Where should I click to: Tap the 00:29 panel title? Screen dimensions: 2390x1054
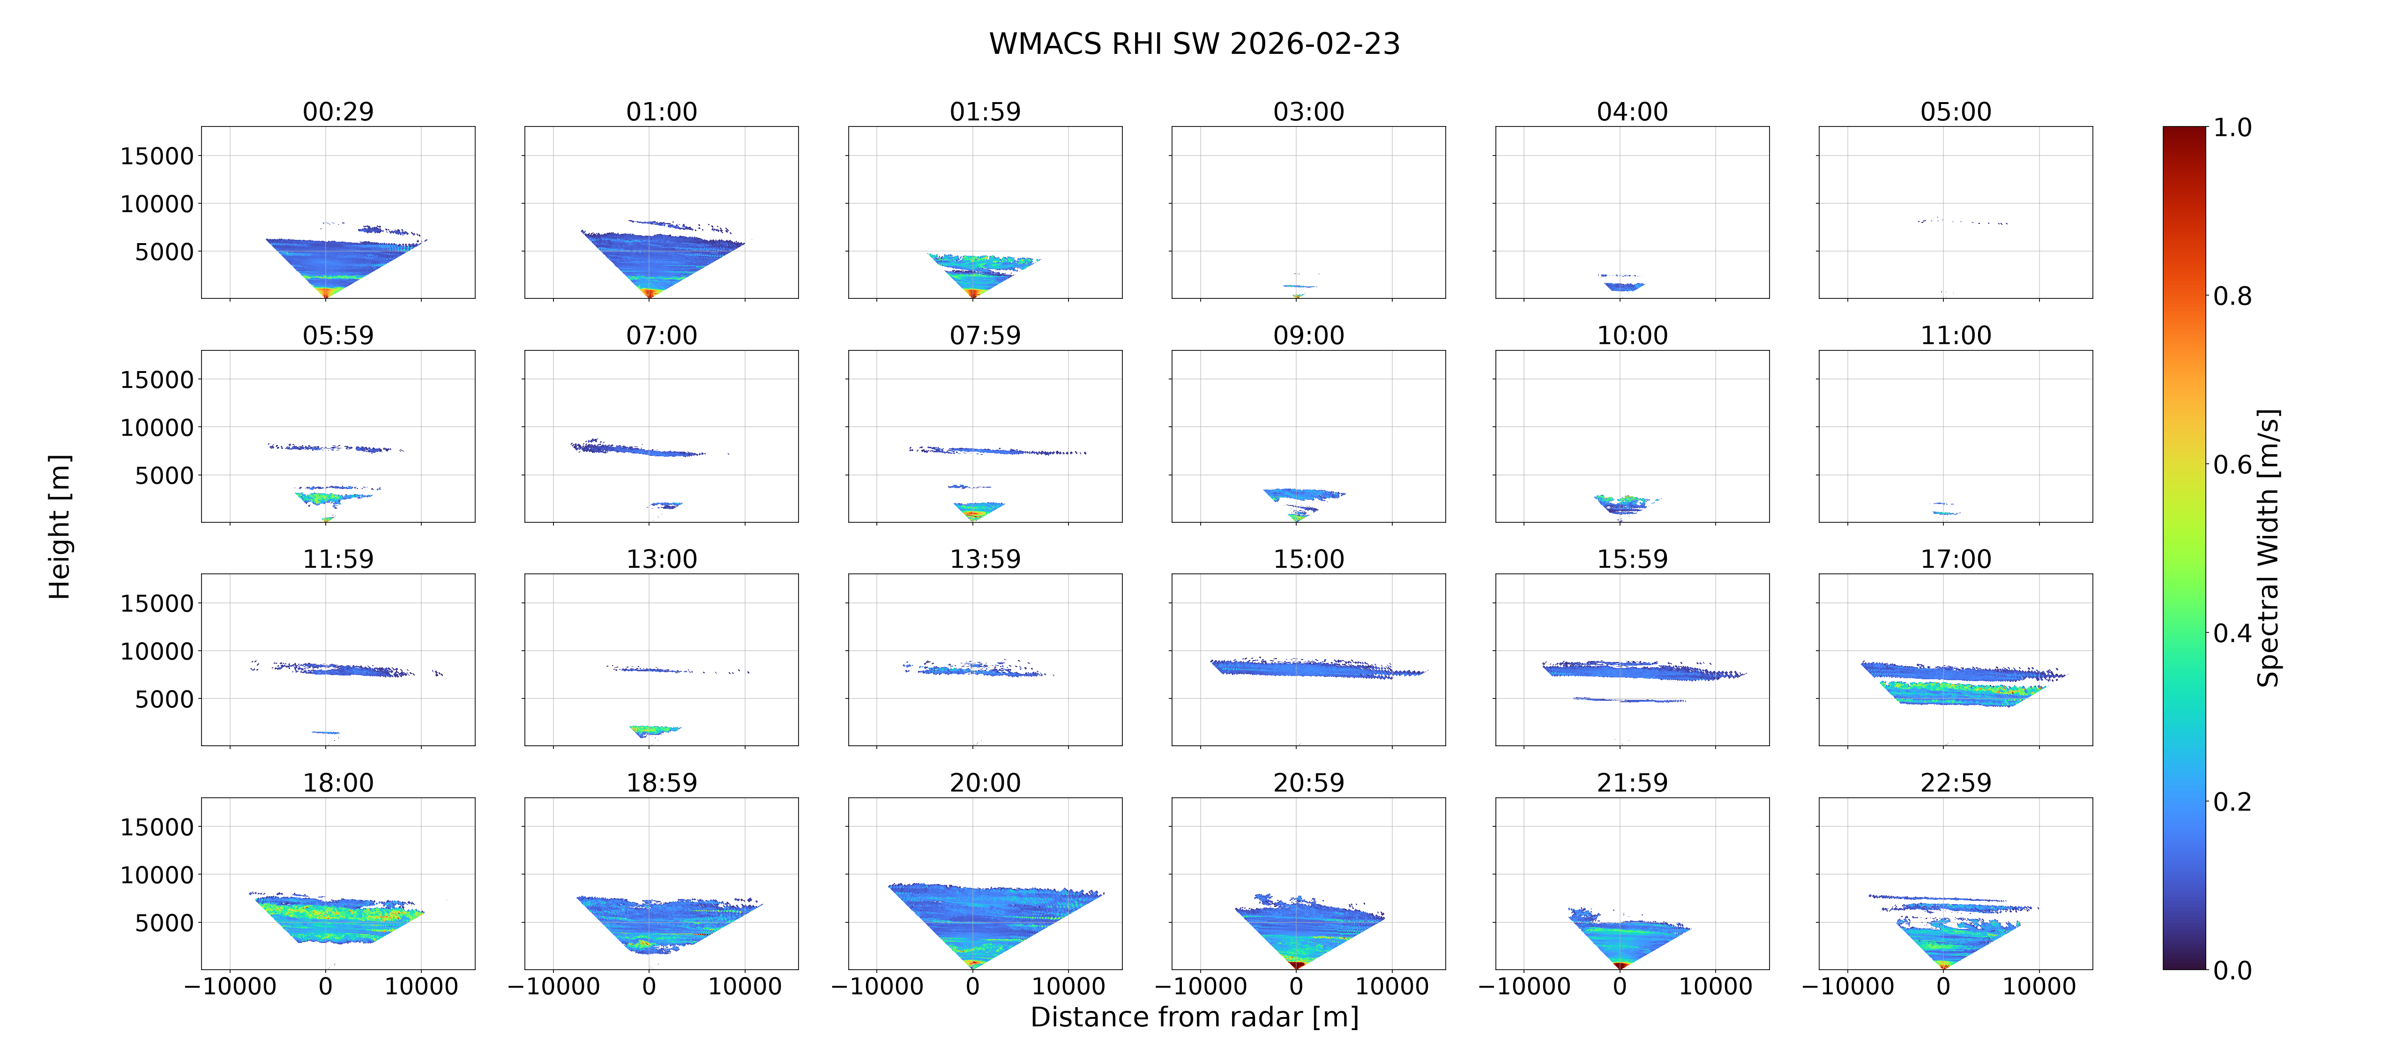(338, 111)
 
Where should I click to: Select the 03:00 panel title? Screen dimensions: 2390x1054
(1308, 111)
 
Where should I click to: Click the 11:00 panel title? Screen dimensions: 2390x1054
(1956, 335)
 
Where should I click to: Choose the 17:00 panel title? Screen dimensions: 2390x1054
(1956, 558)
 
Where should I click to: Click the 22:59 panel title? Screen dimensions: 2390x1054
(1956, 782)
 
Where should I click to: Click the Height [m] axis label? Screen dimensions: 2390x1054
(60, 527)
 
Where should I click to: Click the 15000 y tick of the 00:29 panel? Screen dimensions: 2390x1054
(157, 156)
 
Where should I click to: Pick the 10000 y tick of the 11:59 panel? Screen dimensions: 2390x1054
(157, 651)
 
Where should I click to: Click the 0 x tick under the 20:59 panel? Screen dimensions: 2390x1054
(1296, 986)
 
